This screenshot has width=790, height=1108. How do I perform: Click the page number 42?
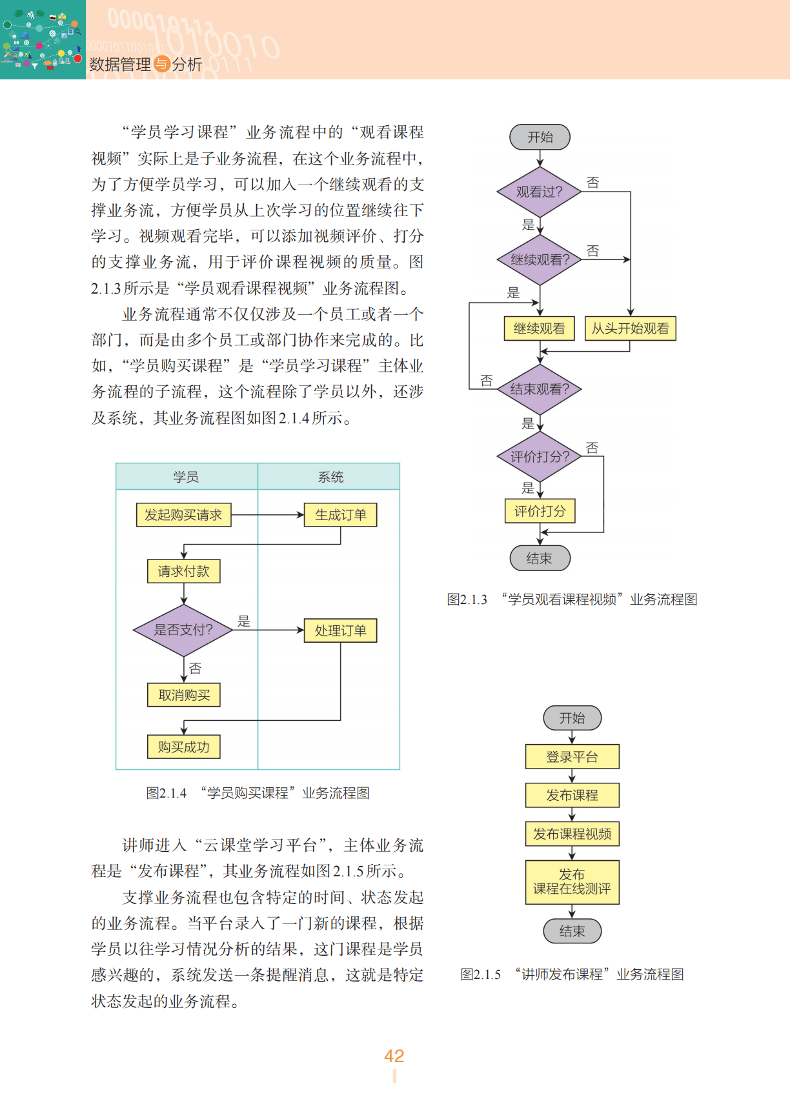coord(394,1056)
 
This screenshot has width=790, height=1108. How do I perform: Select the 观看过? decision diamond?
coord(540,192)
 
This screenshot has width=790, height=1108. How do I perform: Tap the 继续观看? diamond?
coord(540,259)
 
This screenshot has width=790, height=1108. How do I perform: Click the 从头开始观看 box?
coord(630,328)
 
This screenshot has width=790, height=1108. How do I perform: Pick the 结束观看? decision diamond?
coord(540,389)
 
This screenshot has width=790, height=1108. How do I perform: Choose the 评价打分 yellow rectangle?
coord(540,511)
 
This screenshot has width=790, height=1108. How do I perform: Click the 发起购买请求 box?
coord(183,515)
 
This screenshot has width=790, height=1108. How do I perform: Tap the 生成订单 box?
coord(340,515)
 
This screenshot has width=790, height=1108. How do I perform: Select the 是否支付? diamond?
coord(183,630)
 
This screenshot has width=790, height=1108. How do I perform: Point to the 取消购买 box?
coord(184,695)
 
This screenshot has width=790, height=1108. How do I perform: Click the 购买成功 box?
coord(184,747)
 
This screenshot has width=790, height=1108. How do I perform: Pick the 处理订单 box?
coord(340,630)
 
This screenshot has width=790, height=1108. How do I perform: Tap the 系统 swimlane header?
coord(330,477)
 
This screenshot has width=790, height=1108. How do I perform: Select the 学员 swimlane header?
coord(186,477)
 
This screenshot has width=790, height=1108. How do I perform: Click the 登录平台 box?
coord(572,757)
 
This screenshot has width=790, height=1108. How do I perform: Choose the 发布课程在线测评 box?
coord(572,881)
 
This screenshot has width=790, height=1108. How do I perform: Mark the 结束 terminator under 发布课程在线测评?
coord(572,931)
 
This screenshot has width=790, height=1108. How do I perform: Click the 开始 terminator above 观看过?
coord(540,137)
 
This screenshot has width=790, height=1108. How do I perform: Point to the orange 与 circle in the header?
coord(161,64)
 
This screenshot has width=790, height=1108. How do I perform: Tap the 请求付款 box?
coord(184,571)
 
